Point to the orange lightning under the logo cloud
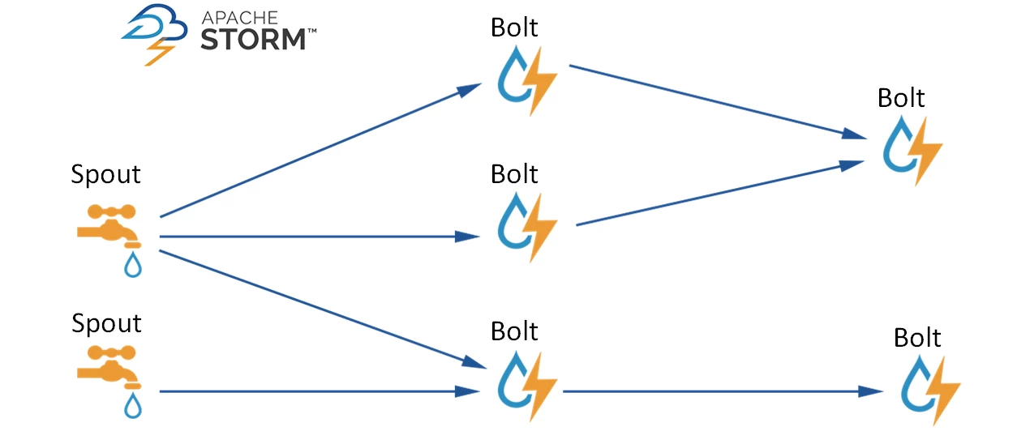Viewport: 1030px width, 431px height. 160,53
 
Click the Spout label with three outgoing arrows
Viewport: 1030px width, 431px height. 105,174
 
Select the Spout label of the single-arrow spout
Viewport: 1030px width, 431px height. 106,323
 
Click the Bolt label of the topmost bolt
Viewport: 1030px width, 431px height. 514,28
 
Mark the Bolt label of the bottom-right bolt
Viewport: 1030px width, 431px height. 917,337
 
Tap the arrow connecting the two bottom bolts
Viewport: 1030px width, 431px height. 722,392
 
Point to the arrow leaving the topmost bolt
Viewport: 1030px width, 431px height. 714,100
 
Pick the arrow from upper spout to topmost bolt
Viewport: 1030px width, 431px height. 316,152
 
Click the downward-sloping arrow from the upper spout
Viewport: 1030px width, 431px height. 316,309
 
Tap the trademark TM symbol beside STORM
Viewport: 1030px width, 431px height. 311,31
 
